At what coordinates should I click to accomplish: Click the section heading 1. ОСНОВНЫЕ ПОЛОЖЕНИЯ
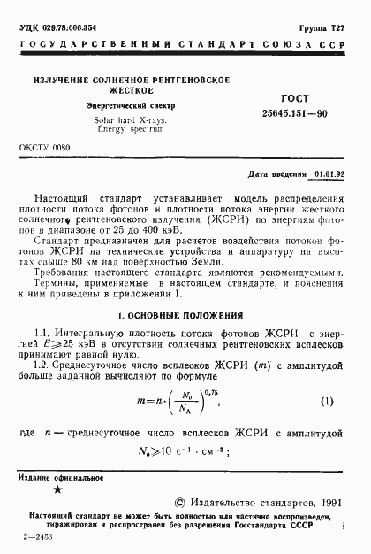(185, 315)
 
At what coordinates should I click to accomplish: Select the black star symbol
(58, 490)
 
